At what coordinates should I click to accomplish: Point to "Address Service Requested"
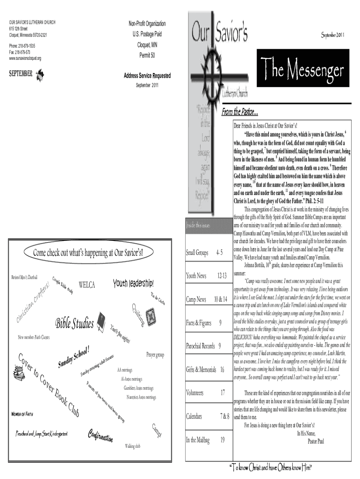pyautogui.click(x=147, y=76)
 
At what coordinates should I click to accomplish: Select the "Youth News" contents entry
pyautogui.click(x=196, y=276)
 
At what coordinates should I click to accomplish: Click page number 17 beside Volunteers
pyautogui.click(x=223, y=393)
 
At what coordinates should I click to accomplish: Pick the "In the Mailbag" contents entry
pyautogui.click(x=198, y=440)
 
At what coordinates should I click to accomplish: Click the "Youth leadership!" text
pyautogui.click(x=133, y=283)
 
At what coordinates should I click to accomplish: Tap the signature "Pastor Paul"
pyautogui.click(x=318, y=440)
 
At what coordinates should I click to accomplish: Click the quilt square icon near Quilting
pyautogui.click(x=150, y=316)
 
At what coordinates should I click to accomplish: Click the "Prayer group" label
pyautogui.click(x=155, y=356)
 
